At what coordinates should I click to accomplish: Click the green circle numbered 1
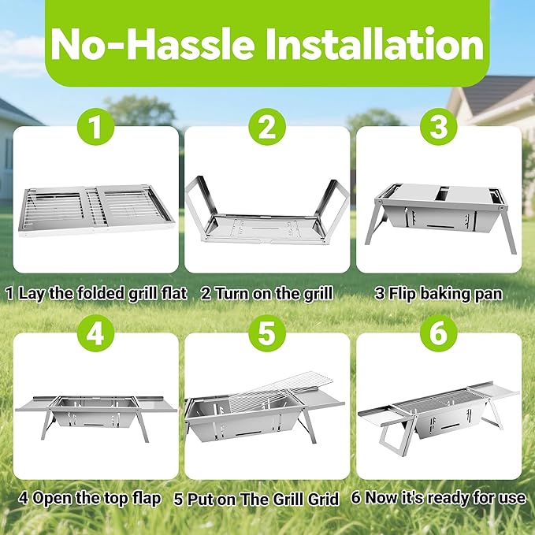point(95,126)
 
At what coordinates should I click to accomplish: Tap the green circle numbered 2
point(267,126)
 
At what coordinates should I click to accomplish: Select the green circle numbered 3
point(438,126)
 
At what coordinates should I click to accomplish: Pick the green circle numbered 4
point(95,333)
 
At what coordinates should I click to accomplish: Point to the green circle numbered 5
point(267,333)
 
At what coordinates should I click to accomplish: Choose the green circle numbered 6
point(438,333)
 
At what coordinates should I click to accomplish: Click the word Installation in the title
point(375,44)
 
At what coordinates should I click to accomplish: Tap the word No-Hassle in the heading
point(153,44)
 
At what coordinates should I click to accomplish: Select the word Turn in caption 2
point(232,294)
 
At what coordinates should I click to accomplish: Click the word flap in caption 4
point(146,500)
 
